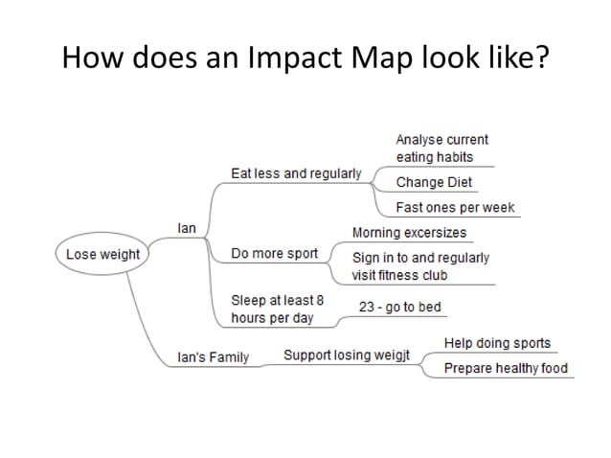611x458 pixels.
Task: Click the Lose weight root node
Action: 102,254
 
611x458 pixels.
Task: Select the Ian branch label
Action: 188,228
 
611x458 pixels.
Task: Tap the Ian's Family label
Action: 214,357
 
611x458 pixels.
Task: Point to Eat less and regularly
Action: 296,173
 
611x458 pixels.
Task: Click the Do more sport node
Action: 274,254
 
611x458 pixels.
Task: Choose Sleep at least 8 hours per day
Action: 277,309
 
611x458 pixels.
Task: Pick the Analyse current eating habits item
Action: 441,148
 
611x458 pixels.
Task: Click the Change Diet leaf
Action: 434,182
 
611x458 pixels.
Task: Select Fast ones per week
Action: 455,207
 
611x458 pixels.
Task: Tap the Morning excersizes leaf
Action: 410,233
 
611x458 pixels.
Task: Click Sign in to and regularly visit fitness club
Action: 419,266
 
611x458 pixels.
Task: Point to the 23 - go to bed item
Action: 399,307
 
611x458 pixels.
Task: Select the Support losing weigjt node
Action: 347,355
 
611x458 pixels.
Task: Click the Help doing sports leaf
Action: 497,343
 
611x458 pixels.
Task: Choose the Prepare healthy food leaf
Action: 506,368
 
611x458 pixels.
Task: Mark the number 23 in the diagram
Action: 366,307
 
